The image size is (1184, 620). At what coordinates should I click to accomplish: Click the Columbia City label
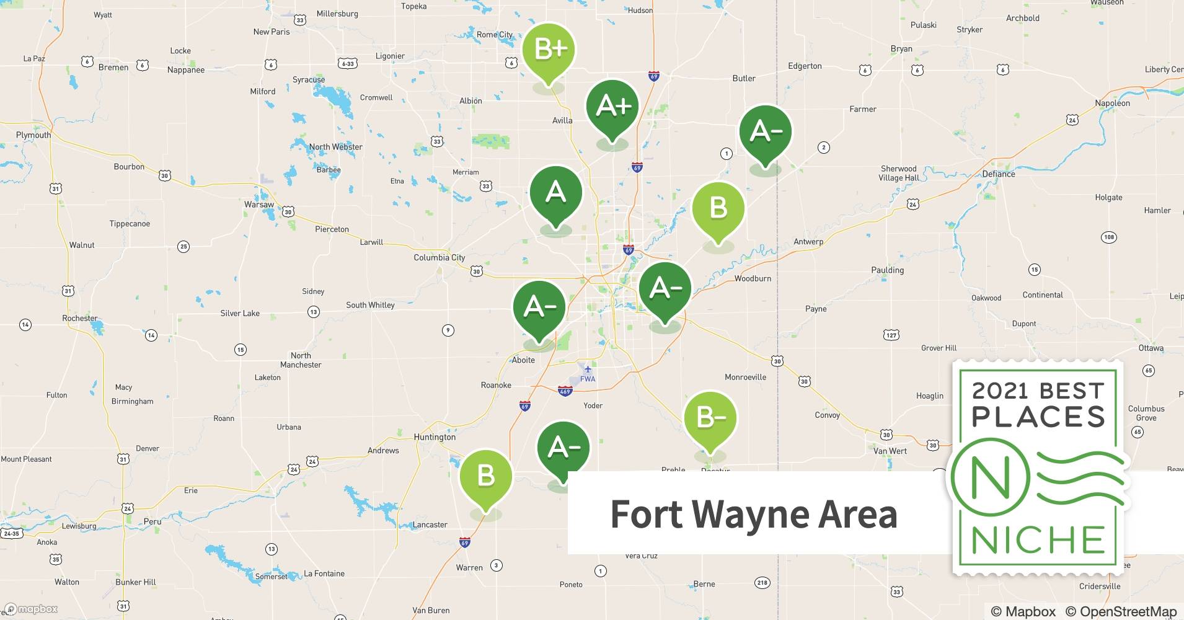[x=439, y=257]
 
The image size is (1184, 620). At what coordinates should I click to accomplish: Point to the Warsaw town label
[x=258, y=204]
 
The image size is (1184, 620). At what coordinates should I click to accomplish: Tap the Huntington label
[x=435, y=436]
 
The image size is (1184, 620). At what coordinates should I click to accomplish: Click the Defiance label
[x=999, y=174]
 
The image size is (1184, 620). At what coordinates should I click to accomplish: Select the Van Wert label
[x=890, y=451]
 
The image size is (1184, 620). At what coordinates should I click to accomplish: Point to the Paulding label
[x=887, y=270]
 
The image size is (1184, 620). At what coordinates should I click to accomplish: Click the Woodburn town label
[x=753, y=278]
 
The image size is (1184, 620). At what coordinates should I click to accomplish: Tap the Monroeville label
[x=745, y=377]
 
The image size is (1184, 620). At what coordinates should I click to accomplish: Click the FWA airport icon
[x=588, y=370]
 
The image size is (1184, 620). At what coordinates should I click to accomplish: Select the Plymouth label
[x=33, y=135]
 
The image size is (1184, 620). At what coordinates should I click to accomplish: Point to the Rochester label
[x=80, y=318]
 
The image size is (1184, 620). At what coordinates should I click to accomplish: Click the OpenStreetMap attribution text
[x=1121, y=611]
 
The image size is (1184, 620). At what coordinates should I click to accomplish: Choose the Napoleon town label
[x=1112, y=103]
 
